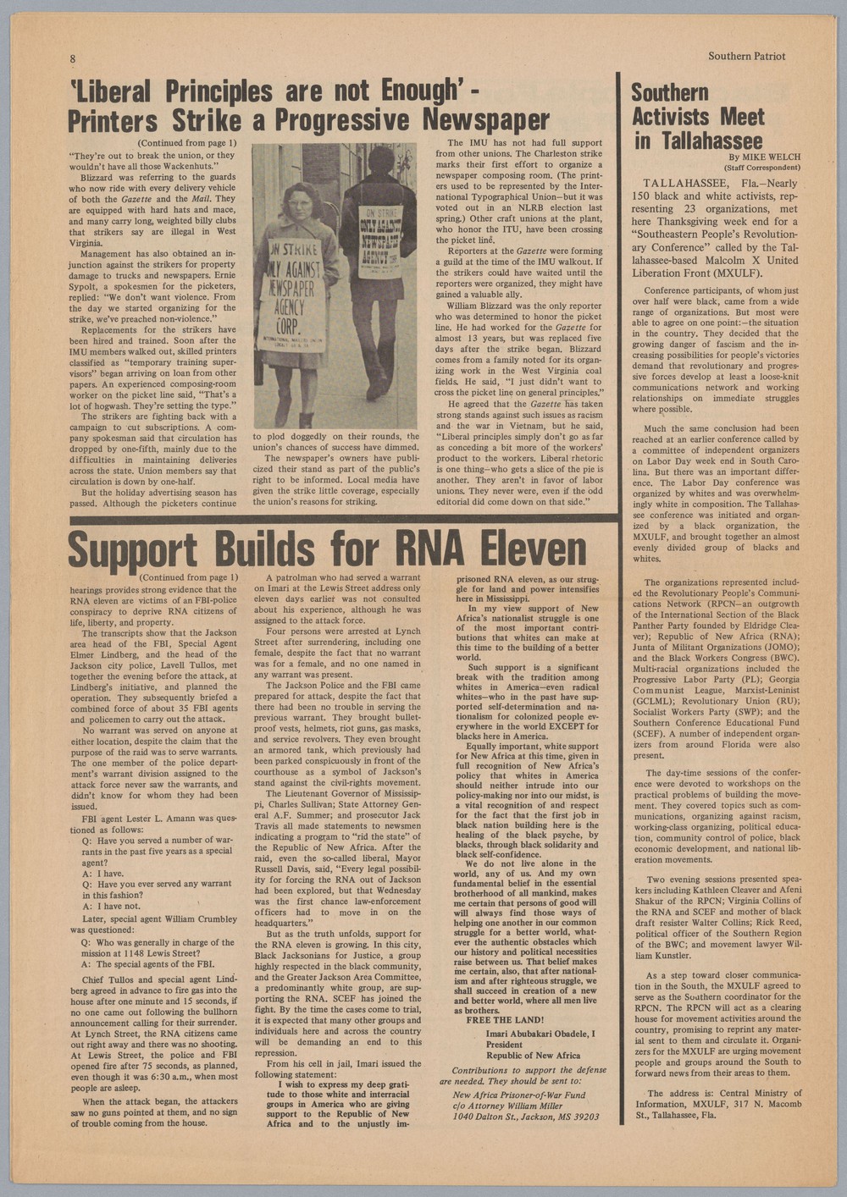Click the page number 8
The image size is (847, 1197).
pos(73,58)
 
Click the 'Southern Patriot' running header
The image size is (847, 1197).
pos(746,56)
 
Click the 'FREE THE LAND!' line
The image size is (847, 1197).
pos(505,1020)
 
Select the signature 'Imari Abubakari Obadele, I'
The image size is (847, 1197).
pos(540,1034)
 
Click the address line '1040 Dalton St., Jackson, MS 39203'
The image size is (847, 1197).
pos(525,1117)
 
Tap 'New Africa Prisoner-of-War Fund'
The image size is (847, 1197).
pos(518,1095)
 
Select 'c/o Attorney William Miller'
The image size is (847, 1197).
pos(507,1106)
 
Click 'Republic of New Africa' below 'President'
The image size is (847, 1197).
pos(533,1056)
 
